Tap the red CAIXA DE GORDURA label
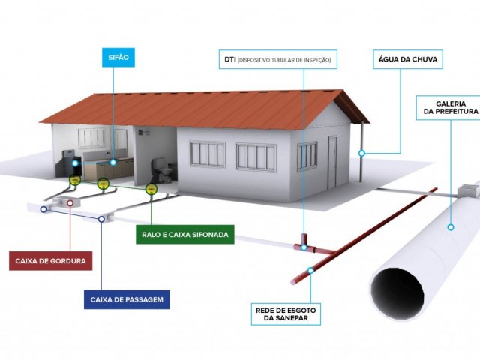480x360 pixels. coord(51,262)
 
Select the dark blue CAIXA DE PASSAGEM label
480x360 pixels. coord(126,301)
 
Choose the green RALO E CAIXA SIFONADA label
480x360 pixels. coord(185,235)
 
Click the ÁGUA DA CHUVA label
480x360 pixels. coord(409,58)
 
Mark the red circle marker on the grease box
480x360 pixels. coord(70,202)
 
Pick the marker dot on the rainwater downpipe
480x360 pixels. coord(361,153)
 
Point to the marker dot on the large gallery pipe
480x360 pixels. coord(451,226)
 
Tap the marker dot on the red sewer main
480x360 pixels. coord(311,268)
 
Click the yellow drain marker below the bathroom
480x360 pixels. coord(150,189)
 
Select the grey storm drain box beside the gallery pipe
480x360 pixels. coord(469,190)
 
